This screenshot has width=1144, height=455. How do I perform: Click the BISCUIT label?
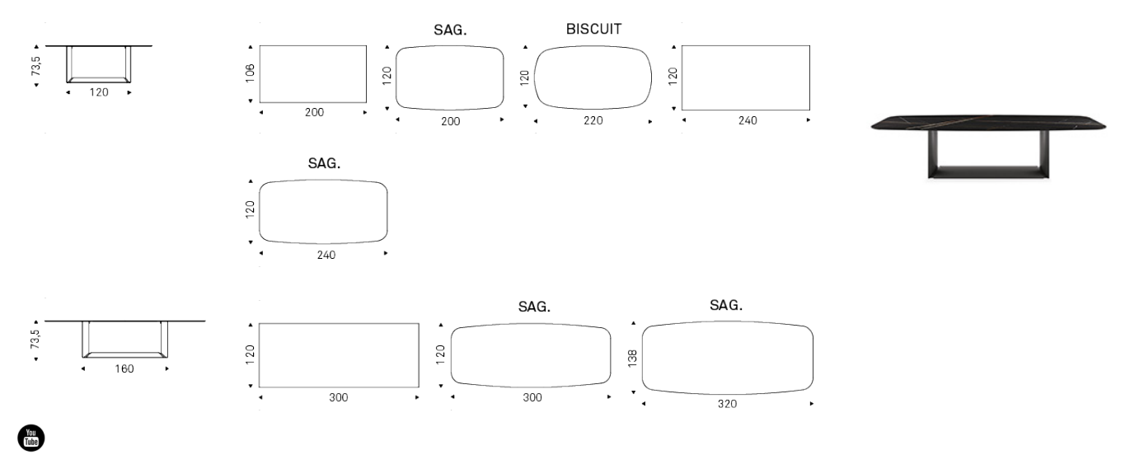click(x=593, y=29)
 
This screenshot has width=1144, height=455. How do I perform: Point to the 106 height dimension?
click(x=250, y=73)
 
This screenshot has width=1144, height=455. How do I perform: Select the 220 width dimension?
click(x=593, y=120)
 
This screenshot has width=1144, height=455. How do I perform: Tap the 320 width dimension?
click(x=727, y=404)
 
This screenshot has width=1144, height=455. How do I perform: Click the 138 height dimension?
click(x=632, y=359)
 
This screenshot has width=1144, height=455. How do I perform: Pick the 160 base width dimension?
click(x=124, y=368)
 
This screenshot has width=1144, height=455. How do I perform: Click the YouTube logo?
click(x=31, y=438)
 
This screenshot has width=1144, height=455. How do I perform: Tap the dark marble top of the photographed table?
click(x=988, y=123)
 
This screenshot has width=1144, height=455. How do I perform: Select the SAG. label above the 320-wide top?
click(x=726, y=305)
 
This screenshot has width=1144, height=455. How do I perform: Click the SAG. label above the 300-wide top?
click(x=534, y=307)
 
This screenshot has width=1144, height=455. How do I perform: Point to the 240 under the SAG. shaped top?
click(x=326, y=255)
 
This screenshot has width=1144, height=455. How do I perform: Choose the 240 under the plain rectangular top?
click(x=748, y=120)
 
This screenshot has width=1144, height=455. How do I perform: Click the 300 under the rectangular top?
click(x=338, y=397)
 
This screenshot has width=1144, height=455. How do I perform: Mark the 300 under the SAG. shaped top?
click(x=532, y=397)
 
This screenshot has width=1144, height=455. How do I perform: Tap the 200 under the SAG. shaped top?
click(x=451, y=121)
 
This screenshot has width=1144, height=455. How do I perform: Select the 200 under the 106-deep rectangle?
click(x=314, y=112)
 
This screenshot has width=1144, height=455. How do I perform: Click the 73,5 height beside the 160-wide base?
click(x=35, y=339)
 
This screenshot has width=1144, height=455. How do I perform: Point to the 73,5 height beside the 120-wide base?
click(x=35, y=67)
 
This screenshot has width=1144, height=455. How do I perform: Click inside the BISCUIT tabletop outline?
click(x=593, y=77)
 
